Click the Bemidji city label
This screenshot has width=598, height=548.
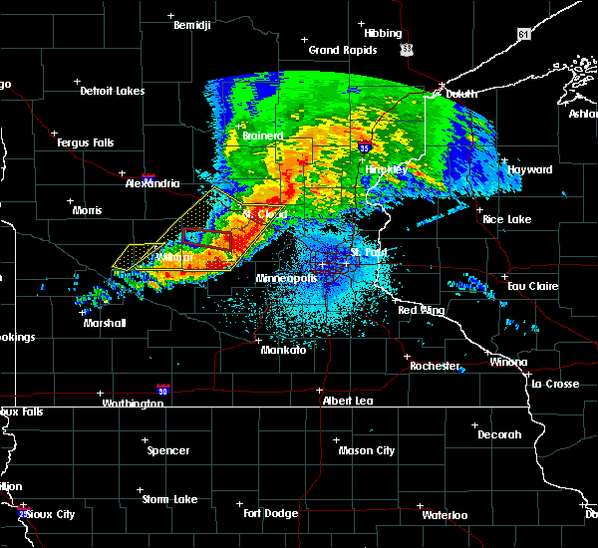pos(192,25)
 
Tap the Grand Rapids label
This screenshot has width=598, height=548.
pos(342,50)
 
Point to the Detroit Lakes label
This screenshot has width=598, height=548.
pos(112,91)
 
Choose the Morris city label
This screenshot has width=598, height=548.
pos(87,210)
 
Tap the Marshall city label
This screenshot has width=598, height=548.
pos(105,323)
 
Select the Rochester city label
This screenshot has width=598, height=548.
pos(435,366)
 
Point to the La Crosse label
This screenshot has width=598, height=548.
pos(554,383)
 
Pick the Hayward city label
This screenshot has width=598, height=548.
pos(529,169)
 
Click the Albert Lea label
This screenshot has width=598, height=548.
pos(348,400)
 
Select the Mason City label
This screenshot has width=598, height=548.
pos(367,450)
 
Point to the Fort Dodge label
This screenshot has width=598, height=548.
pos(271,512)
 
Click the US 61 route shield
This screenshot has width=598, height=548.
pos(524,35)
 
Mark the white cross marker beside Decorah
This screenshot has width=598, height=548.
pos(473,424)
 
